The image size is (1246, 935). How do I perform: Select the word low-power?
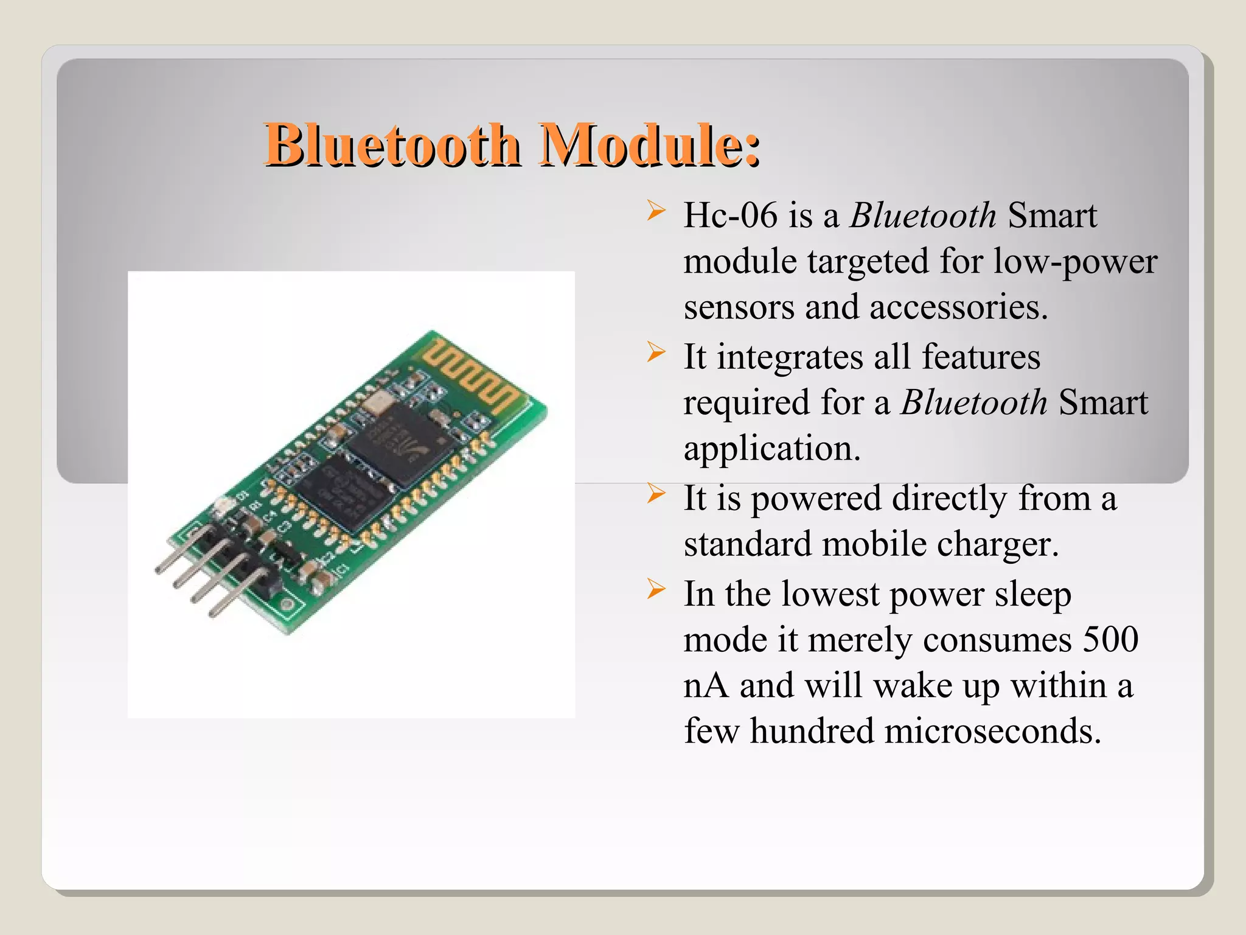(x=1075, y=262)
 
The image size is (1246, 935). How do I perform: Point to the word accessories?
(x=958, y=307)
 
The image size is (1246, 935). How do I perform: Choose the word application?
(x=771, y=449)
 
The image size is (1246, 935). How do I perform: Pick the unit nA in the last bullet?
(x=706, y=685)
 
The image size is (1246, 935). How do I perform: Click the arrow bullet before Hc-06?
(x=655, y=211)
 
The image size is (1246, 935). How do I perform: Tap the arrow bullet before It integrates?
(x=655, y=352)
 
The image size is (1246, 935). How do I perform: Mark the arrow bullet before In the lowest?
(x=655, y=589)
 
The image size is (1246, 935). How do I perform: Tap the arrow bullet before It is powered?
(x=655, y=493)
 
